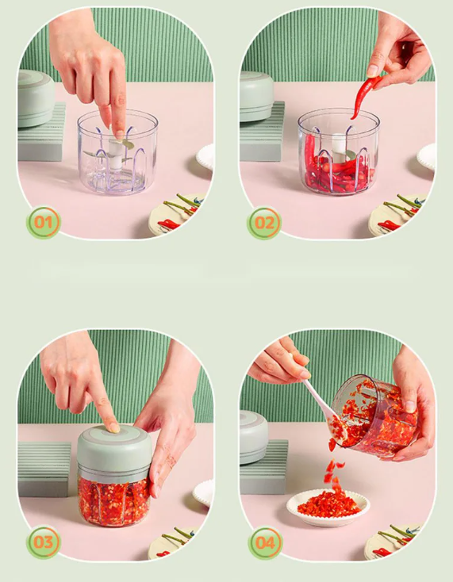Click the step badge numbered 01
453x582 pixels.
pos(44,222)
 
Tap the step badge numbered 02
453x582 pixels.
pos(264,223)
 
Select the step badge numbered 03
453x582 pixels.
pos(44,542)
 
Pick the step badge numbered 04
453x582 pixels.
pos(265,543)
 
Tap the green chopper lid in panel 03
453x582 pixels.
pos(114,450)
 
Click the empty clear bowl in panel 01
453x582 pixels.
pos(117,151)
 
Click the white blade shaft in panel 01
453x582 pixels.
pos(116,152)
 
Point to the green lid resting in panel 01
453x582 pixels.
pos(36,98)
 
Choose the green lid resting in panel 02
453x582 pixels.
pos(256,97)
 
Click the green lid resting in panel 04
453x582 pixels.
pos(254,437)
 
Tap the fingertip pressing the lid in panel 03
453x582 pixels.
pos(113,427)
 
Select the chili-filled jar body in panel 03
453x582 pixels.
pos(113,500)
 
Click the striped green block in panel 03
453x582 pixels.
pos(44,469)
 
